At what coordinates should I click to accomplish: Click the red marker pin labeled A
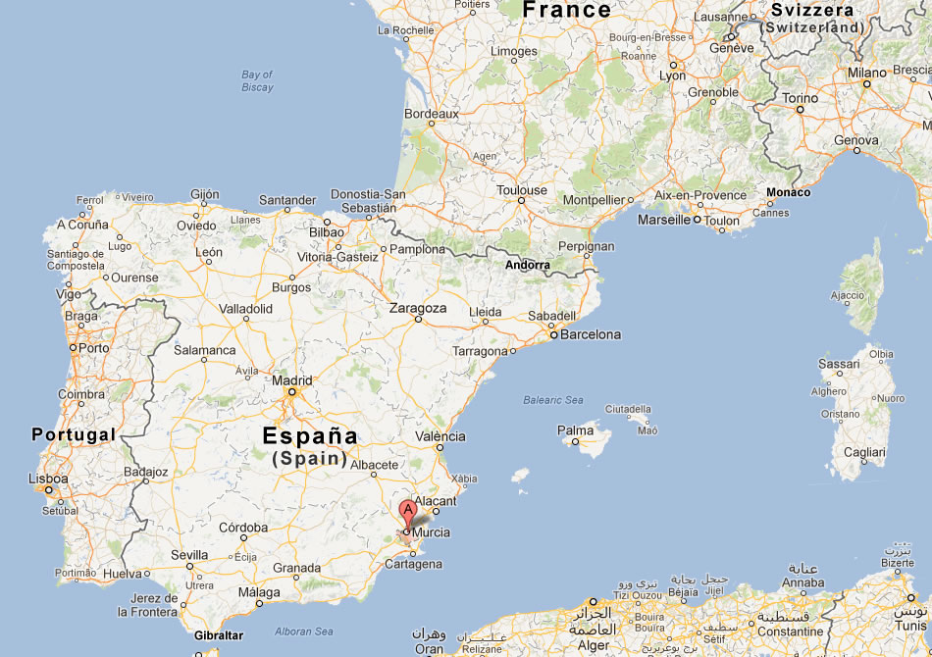click(x=407, y=511)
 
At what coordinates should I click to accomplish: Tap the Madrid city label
click(x=291, y=381)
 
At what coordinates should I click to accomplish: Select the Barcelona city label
click(x=590, y=334)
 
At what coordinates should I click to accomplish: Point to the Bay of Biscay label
click(x=257, y=81)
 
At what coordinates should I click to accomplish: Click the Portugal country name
click(x=74, y=434)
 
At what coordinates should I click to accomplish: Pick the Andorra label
click(x=528, y=265)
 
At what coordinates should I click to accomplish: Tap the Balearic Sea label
click(x=552, y=400)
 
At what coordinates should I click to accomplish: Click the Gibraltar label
click(x=217, y=635)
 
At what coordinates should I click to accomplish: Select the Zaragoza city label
click(x=418, y=308)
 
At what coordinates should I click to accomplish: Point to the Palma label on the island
click(x=575, y=430)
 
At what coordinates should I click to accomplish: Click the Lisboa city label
click(x=48, y=480)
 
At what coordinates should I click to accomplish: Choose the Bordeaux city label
click(x=432, y=114)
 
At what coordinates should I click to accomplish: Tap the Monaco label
click(x=789, y=192)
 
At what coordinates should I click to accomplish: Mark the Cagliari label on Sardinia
click(x=865, y=452)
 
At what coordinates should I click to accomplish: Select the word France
click(x=566, y=11)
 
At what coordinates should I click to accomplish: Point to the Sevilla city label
click(x=189, y=555)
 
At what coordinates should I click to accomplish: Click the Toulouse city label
click(x=522, y=190)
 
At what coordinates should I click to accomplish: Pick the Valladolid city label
click(x=245, y=308)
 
